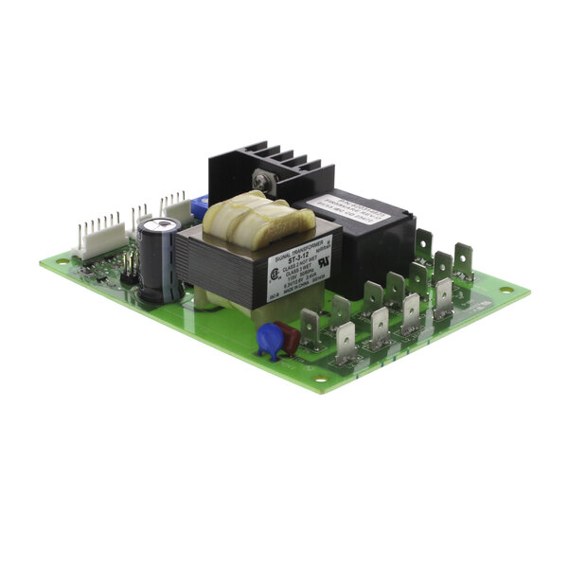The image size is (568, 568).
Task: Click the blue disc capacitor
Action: tap(271, 338)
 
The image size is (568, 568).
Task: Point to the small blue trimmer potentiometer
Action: tap(200, 206)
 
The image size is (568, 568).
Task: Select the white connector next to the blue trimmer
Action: tap(175, 206)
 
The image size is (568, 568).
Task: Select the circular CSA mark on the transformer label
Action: tap(273, 275)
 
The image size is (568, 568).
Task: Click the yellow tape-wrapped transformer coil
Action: tap(257, 219)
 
